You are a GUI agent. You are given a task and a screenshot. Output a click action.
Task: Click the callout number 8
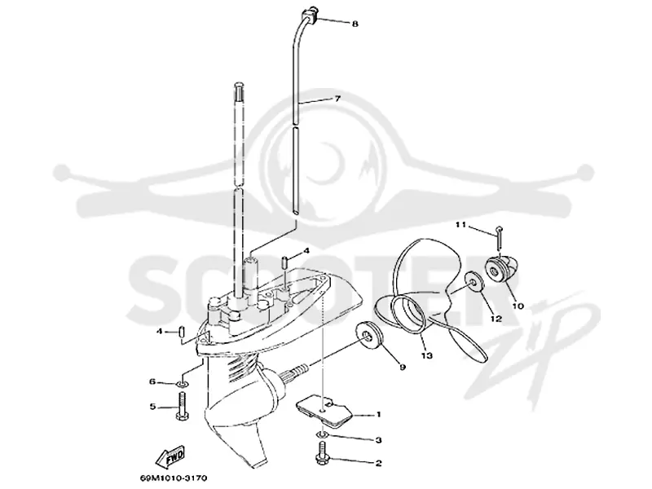(355, 24)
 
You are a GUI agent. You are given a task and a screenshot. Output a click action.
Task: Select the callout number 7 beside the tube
(337, 99)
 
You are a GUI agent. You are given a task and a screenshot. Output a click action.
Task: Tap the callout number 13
(427, 355)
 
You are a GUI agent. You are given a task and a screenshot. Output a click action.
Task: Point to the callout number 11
(460, 225)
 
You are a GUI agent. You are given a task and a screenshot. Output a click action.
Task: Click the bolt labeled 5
(183, 406)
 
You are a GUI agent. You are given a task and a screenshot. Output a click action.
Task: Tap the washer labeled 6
(183, 382)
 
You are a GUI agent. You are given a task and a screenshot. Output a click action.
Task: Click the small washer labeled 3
(322, 434)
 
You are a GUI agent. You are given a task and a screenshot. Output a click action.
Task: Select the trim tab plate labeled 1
(324, 411)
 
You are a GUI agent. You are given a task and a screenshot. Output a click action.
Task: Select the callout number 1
(378, 414)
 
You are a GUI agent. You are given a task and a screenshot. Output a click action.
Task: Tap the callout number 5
(152, 406)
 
